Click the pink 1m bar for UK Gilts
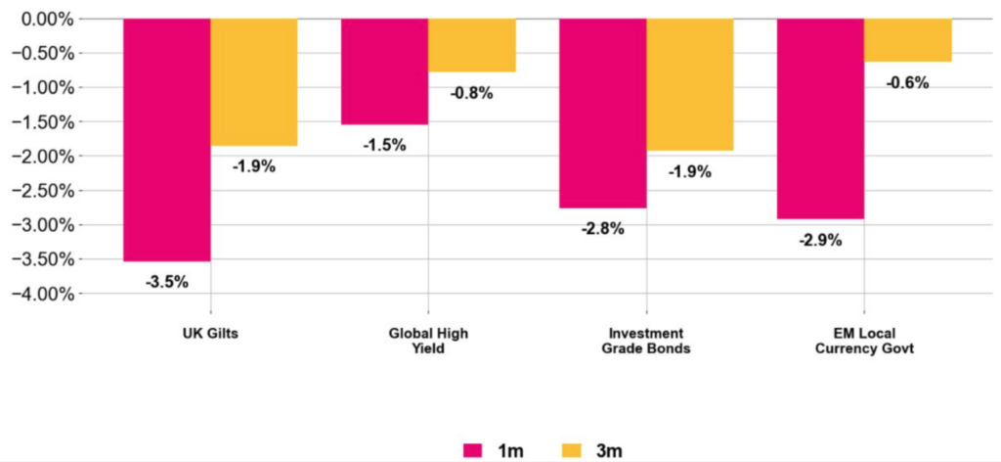click(166, 140)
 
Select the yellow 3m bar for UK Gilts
click(253, 82)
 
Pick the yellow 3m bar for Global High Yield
click(471, 45)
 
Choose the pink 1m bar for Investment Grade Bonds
click(602, 114)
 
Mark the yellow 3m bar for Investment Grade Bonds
click(689, 84)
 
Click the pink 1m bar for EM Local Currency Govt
click(820, 118)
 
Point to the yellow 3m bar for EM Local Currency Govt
click(907, 40)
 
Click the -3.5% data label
click(166, 282)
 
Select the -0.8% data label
click(471, 94)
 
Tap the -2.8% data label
click(602, 229)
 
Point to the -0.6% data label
click(907, 83)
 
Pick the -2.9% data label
click(820, 240)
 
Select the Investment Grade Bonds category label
click(646, 341)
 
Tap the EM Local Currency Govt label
click(864, 341)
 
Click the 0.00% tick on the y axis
click(47, 19)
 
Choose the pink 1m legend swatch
click(477, 450)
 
